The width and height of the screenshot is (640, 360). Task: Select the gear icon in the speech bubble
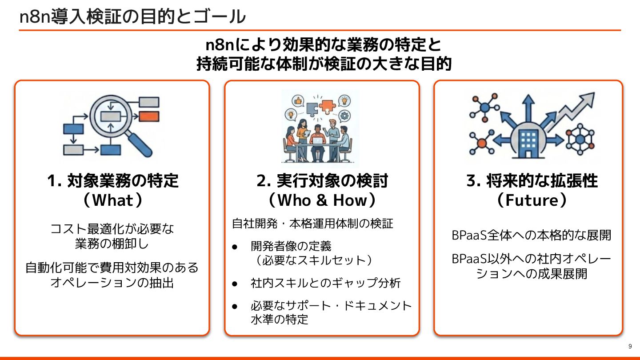click(x=344, y=116)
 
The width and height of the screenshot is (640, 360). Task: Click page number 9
click(x=630, y=347)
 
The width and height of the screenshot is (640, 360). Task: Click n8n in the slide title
click(x=35, y=17)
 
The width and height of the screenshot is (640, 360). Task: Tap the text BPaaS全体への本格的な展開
click(x=532, y=235)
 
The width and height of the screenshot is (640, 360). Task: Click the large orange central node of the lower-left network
click(x=481, y=143)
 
